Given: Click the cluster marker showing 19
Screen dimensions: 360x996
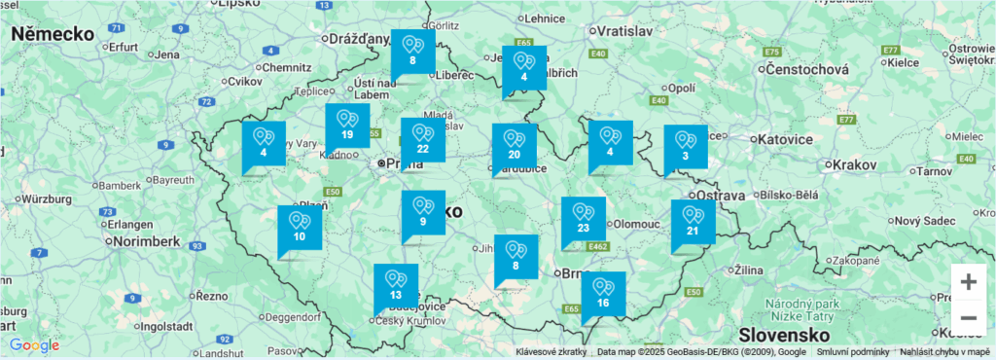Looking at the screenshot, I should coord(347,125).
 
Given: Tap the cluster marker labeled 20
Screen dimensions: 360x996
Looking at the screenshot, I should coord(514,145).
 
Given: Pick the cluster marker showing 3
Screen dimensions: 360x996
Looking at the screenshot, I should coord(686,146).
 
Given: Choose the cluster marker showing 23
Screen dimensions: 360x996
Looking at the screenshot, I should coord(584,218).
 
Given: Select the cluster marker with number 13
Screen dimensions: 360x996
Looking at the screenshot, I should coord(396,285).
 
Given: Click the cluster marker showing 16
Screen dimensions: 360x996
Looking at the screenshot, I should coord(603,293).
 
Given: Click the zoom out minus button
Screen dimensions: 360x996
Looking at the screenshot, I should coord(969,318).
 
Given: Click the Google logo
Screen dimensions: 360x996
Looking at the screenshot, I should coord(34,345).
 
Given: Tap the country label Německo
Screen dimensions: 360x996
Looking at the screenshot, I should coord(53,34).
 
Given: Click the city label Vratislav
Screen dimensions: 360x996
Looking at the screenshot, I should coord(618,31).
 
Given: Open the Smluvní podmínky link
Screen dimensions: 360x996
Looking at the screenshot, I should coord(852,352).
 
